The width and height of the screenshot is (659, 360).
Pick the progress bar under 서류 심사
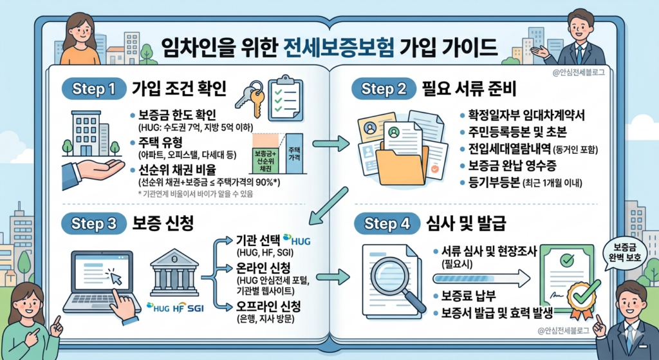479,278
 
